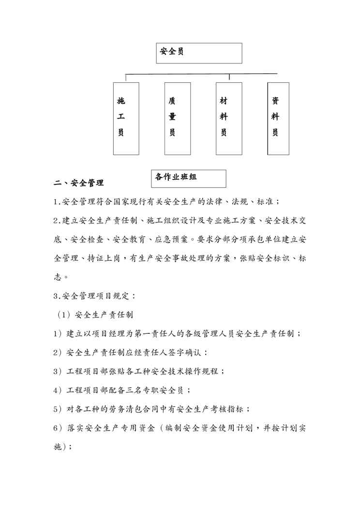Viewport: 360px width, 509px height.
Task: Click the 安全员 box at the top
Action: pos(199,53)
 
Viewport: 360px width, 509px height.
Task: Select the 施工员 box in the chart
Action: pos(126,119)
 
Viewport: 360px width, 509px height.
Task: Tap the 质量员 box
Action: pos(177,119)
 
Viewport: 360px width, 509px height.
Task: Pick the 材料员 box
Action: pos(229,119)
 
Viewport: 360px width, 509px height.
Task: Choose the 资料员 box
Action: pos(278,119)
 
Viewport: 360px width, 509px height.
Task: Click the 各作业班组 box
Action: pos(189,178)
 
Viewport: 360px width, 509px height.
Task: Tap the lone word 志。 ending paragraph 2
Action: pos(60,277)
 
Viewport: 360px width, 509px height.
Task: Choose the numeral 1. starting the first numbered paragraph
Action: pos(57,202)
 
